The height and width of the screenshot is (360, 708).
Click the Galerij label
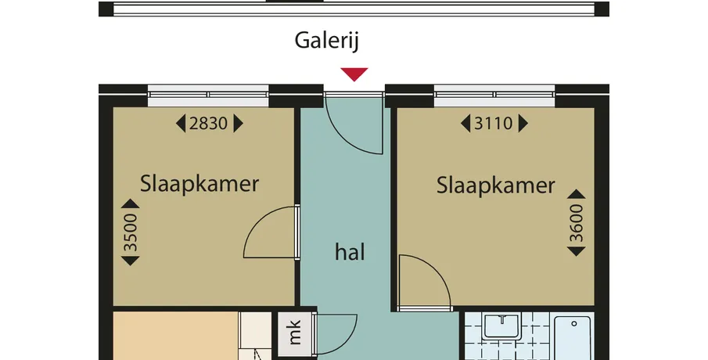point(326,41)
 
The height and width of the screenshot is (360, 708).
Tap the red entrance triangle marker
point(354,74)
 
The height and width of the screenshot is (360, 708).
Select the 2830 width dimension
point(208,124)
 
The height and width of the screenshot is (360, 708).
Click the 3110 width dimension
point(493,124)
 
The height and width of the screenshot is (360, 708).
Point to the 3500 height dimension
point(131,232)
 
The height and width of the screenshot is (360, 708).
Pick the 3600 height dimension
point(576,223)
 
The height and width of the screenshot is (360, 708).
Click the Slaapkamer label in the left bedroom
point(199,184)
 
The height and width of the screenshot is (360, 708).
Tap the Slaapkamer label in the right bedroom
point(495,185)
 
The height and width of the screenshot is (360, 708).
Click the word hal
point(350,252)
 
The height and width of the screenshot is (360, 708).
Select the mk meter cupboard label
point(294,333)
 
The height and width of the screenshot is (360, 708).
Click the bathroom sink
point(502,326)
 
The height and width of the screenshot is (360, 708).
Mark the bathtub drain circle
point(574,323)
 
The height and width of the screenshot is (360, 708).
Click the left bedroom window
point(208,95)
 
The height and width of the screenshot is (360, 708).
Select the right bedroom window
point(494,95)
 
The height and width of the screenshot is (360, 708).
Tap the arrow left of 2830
point(181,124)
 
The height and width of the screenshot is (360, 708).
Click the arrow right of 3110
point(523,124)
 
